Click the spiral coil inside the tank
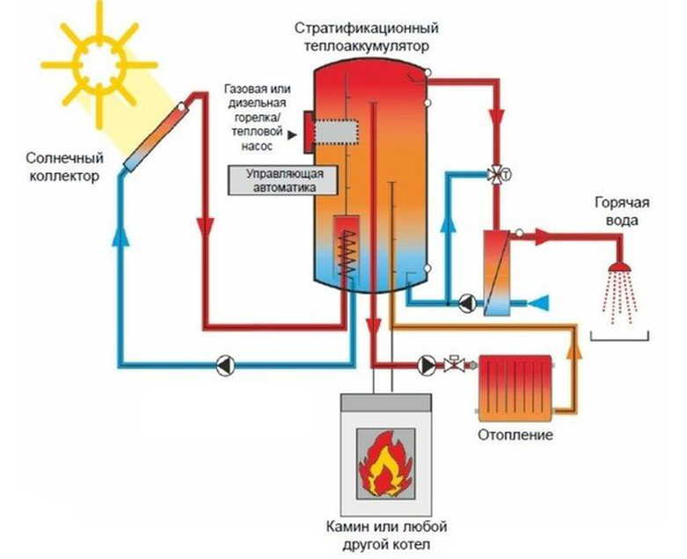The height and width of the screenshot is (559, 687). point(351,250)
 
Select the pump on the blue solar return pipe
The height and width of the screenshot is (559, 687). point(225,364)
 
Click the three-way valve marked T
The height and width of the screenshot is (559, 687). point(498,174)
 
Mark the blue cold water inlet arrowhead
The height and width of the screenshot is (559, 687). point(543,303)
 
